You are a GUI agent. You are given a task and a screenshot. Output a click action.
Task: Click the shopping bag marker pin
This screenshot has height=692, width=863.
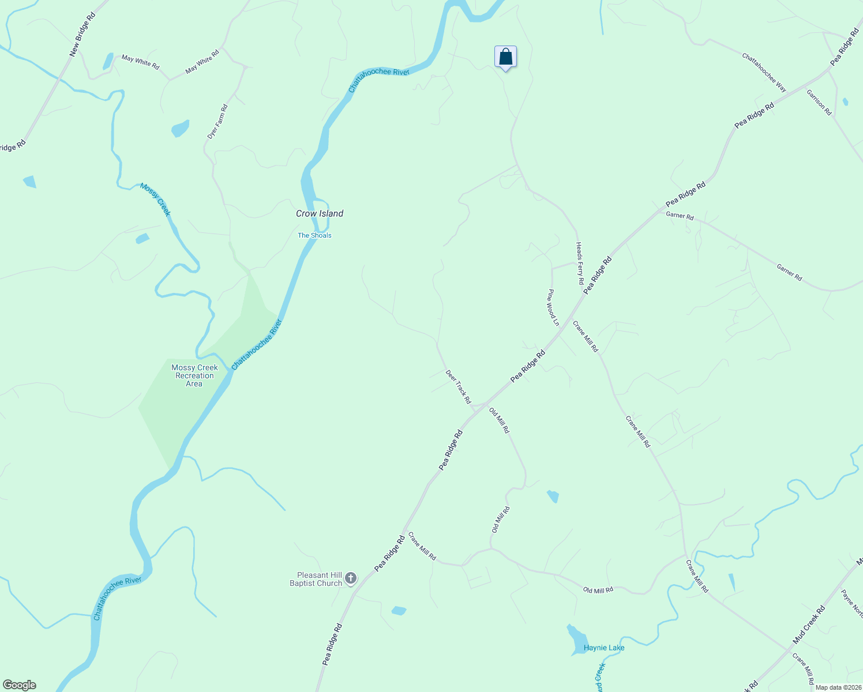(x=505, y=57)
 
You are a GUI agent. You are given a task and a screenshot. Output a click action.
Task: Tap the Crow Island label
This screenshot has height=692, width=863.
(x=320, y=213)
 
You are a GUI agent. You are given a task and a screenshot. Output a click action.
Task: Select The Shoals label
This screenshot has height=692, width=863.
(x=314, y=235)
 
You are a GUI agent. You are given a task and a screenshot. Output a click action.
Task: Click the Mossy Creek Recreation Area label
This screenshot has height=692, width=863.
(x=194, y=375)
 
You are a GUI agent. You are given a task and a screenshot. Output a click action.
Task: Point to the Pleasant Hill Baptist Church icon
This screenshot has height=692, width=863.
(x=350, y=578)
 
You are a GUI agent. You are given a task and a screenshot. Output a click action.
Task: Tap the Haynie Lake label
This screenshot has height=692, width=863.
(x=604, y=648)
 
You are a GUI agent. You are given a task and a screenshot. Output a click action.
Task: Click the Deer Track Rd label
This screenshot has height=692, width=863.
(x=458, y=386)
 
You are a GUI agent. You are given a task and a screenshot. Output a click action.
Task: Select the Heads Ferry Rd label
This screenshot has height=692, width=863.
(x=580, y=264)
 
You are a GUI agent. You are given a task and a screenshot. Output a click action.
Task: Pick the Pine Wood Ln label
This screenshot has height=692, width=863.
(x=553, y=307)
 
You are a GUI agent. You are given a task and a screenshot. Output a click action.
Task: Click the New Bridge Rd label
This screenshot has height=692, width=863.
(x=82, y=34)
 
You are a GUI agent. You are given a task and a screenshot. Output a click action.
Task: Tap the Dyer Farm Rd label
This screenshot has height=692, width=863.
(x=217, y=121)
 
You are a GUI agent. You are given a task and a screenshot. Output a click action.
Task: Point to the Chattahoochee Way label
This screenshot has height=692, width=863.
(x=764, y=73)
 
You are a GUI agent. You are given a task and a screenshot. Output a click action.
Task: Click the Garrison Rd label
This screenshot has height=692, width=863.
(x=819, y=103)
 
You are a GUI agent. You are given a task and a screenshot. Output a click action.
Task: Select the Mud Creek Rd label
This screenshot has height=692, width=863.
(x=809, y=625)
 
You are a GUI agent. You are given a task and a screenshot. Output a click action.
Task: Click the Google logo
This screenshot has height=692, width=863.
(x=20, y=685)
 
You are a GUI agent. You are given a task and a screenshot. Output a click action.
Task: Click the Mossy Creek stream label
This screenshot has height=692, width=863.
(x=156, y=199)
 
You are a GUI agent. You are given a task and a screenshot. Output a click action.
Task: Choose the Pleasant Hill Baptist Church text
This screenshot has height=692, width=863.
(x=316, y=579)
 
